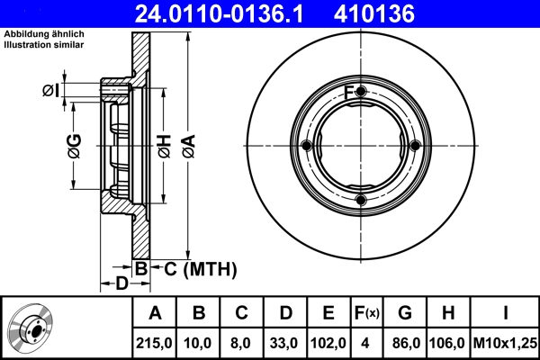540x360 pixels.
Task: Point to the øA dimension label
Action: (187, 144)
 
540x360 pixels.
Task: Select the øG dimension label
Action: (74, 144)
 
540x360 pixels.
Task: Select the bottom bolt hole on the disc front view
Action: (361, 200)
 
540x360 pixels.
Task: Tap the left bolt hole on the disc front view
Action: (307, 147)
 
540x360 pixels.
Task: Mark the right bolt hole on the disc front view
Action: (415, 147)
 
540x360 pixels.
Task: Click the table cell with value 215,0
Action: (155, 344)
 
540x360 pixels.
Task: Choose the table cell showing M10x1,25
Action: (506, 344)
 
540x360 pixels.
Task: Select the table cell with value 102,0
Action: (328, 344)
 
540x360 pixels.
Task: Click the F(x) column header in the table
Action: (365, 313)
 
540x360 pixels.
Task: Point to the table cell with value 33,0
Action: (285, 344)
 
